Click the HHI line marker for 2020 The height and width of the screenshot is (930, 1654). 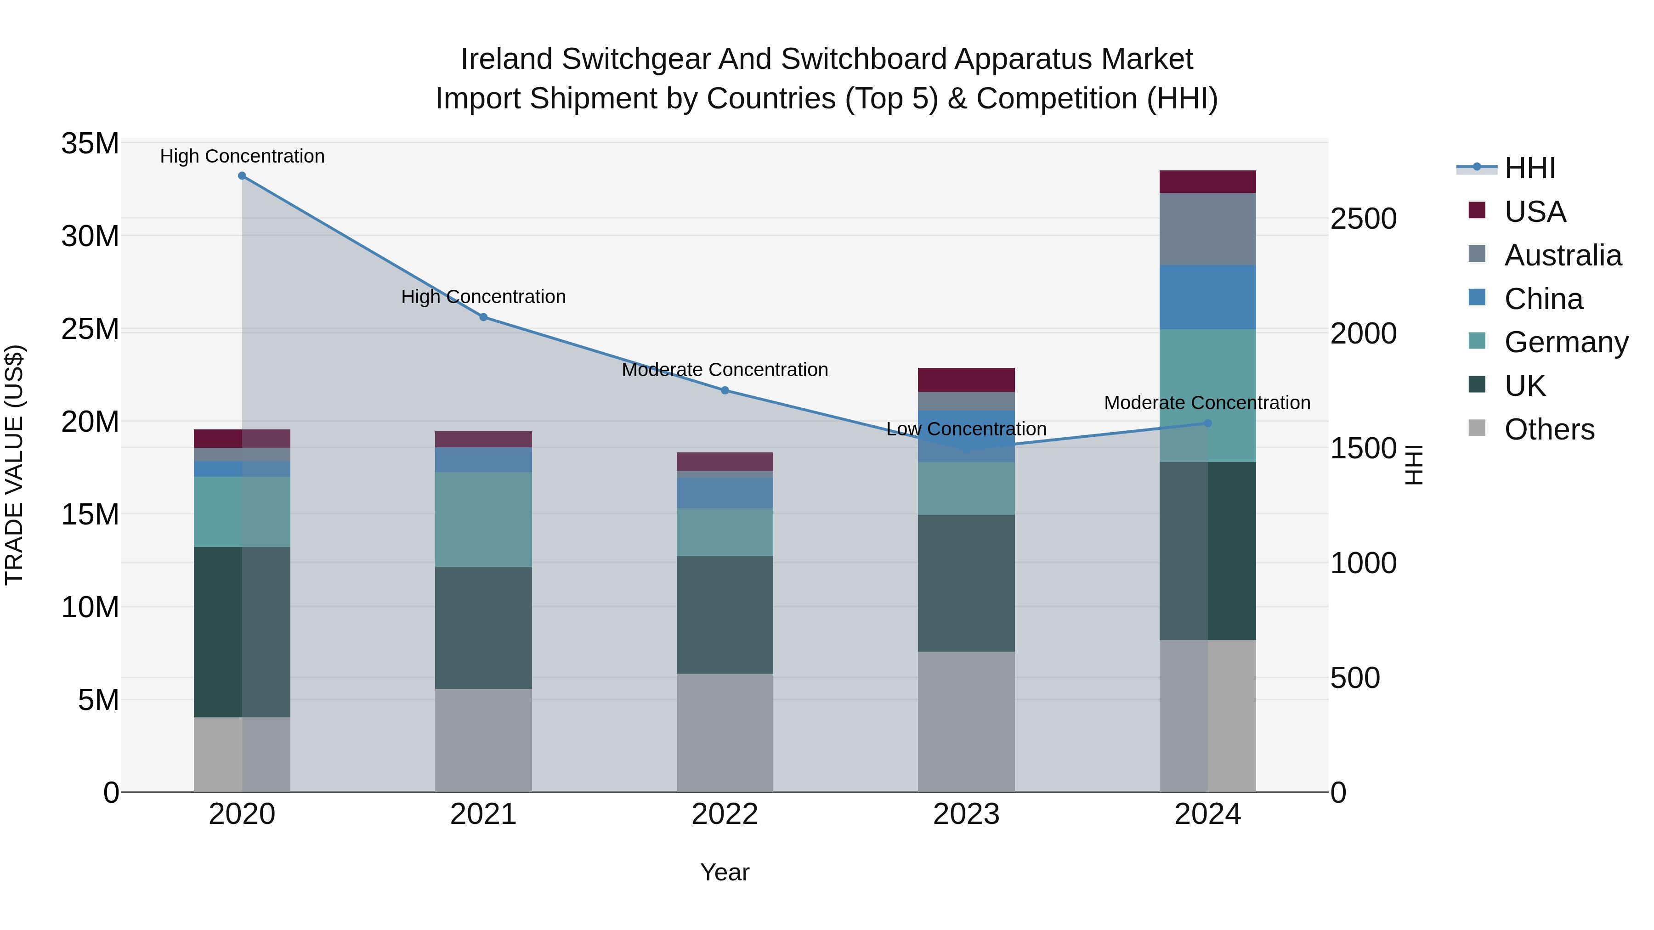242,176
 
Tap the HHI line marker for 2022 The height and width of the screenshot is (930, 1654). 725,390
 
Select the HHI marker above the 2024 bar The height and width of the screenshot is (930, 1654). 1208,423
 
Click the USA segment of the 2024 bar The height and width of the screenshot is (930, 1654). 1208,181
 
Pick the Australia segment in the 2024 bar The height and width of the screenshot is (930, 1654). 1208,229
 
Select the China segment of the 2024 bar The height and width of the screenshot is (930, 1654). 1208,297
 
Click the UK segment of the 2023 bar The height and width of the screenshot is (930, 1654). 966,583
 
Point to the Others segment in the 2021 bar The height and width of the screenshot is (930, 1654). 483,740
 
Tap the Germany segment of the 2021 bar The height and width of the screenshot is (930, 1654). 483,519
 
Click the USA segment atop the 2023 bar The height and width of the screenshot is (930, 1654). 966,379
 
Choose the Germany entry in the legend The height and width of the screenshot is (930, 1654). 1566,342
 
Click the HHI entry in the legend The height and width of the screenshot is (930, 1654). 1529,168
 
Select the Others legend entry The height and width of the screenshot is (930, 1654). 1549,429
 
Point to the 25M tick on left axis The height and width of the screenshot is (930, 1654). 90,329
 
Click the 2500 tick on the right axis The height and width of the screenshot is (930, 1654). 1363,219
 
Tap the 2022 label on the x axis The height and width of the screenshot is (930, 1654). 725,814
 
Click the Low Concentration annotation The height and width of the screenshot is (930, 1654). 966,429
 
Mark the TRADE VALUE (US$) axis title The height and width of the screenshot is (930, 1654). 14,465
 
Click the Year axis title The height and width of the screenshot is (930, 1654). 725,872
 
